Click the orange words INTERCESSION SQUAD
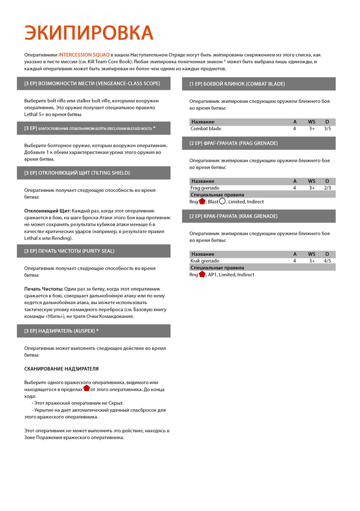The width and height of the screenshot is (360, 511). pyautogui.click(x=85, y=55)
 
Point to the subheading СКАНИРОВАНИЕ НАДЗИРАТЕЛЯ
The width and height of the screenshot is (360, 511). pyautogui.click(x=62, y=369)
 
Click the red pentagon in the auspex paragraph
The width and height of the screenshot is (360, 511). pyautogui.click(x=86, y=389)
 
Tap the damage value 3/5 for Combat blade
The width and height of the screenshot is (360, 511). pyautogui.click(x=327, y=129)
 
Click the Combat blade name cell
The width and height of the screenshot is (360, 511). pyautogui.click(x=206, y=129)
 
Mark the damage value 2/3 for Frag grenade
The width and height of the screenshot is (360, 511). pyautogui.click(x=327, y=188)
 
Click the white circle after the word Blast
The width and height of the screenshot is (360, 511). pyautogui.click(x=223, y=201)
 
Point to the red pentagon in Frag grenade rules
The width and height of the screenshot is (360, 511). pyautogui.click(x=202, y=201)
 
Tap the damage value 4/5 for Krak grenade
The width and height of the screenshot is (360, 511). pyautogui.click(x=327, y=261)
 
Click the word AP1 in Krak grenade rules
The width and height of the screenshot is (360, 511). pyautogui.click(x=213, y=275)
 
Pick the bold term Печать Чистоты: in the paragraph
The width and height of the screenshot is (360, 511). pyautogui.click(x=44, y=289)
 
